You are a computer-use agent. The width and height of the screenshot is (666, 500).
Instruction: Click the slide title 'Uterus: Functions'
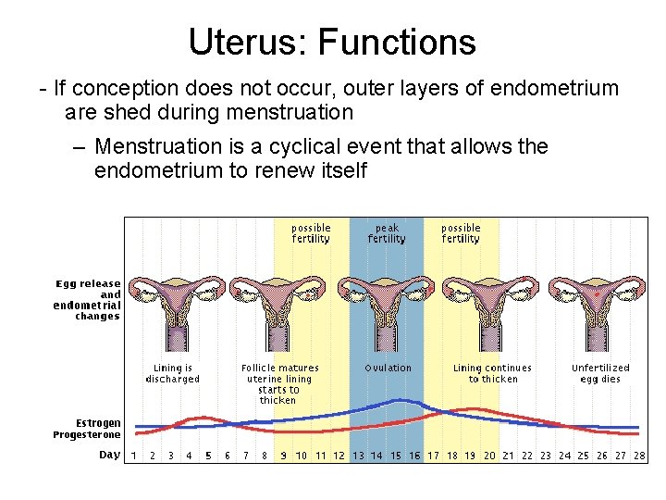332,42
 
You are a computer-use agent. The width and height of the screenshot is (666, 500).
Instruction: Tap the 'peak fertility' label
387,233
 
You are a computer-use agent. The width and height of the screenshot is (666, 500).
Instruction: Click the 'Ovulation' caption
388,368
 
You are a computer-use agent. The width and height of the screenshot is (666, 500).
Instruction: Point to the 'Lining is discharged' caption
172,373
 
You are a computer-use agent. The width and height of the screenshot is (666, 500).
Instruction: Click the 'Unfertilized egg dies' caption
599,373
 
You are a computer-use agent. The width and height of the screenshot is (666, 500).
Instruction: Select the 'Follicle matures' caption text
279,368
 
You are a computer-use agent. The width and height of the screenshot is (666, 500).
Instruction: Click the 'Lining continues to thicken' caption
492,373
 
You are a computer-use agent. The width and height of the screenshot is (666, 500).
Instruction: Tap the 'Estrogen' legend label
98,423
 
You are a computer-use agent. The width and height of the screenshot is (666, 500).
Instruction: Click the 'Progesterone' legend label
87,434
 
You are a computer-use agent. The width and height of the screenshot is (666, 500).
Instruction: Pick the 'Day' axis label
109,455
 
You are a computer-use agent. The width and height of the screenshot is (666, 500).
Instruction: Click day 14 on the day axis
376,456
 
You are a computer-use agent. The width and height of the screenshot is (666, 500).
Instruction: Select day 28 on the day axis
638,456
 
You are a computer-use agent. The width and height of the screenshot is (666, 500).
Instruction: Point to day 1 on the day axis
133,456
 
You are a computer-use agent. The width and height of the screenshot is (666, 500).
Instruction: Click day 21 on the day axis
508,456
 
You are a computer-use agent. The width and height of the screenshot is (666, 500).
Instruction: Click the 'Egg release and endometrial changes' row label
87,300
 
